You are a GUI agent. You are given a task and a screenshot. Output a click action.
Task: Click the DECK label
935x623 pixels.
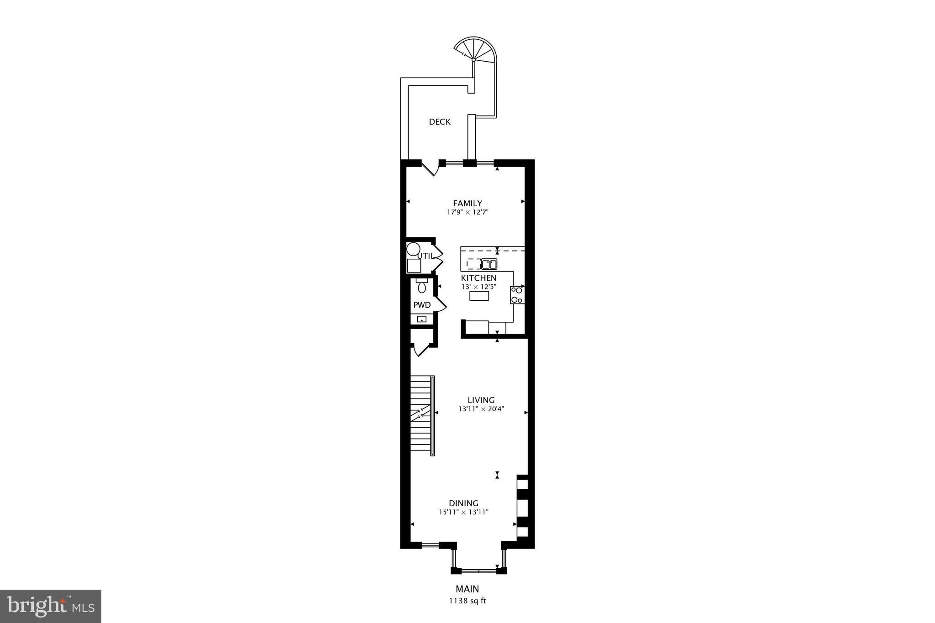(440, 122)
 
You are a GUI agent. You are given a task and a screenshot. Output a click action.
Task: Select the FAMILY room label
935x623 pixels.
(467, 204)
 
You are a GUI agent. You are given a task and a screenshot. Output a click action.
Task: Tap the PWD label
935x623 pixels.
(422, 305)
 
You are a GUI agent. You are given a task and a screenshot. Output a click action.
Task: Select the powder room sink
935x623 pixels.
(422, 319)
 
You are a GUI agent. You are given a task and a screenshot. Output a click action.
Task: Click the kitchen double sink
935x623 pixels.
(489, 264)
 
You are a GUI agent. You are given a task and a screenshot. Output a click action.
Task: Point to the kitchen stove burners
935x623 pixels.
(517, 295)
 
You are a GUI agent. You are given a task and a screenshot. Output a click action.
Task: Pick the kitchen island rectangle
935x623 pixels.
(479, 296)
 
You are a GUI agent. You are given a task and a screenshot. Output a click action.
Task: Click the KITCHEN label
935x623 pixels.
(478, 278)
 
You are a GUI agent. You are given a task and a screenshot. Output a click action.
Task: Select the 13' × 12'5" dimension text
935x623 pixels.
(478, 287)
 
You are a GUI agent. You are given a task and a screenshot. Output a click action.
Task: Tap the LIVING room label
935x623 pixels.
(481, 400)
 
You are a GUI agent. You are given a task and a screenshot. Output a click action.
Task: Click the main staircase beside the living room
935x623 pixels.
(422, 415)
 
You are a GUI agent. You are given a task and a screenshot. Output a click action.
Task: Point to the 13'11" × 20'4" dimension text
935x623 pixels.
(481, 409)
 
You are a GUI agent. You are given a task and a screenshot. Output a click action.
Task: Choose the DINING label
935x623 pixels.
(464, 503)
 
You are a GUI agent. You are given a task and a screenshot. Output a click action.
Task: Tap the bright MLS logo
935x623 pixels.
(51, 606)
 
